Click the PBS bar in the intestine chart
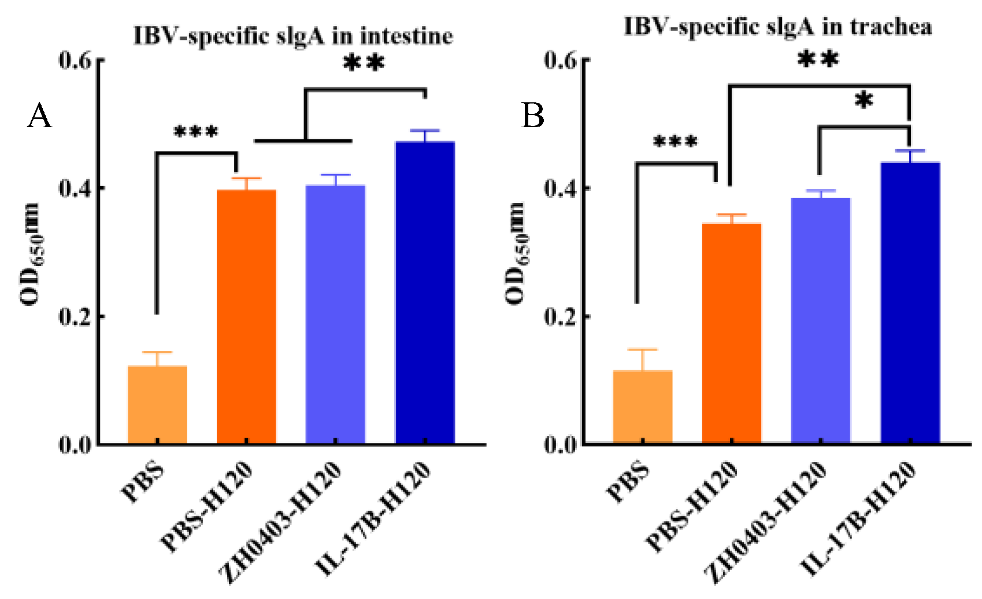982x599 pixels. click(157, 405)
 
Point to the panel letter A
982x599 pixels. click(39, 116)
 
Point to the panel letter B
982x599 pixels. click(532, 115)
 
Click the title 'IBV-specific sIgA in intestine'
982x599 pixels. click(293, 36)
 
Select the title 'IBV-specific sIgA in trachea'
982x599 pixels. click(777, 27)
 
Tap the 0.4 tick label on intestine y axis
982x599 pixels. click(75, 188)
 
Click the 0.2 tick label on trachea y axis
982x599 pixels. click(560, 317)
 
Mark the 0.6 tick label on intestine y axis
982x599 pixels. click(75, 60)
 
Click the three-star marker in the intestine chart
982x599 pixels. click(196, 132)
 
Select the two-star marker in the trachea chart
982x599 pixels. click(818, 59)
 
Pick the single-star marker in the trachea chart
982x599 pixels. click(864, 101)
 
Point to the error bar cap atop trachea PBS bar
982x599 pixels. click(642, 350)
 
